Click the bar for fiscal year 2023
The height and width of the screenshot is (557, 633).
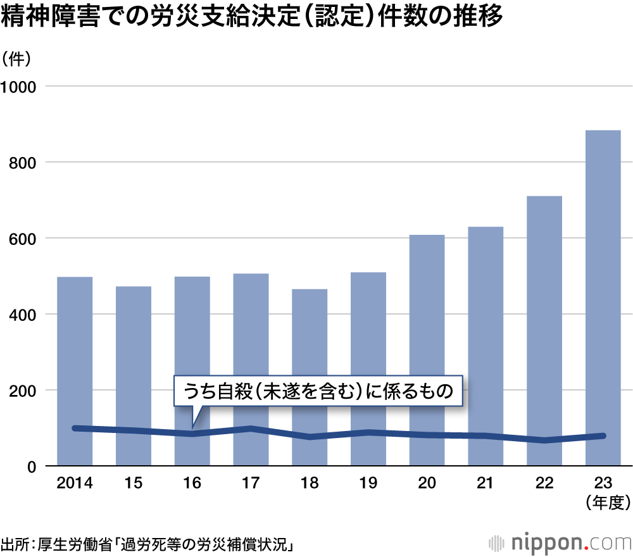[603, 297]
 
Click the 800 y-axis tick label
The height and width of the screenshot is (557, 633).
[24, 163]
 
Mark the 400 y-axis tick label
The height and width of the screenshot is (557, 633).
[24, 315]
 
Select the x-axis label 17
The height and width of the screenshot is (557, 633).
[251, 484]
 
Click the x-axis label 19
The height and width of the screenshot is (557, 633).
[368, 484]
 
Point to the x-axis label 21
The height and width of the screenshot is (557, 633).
[486, 484]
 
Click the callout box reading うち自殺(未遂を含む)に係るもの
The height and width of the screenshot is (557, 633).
[319, 392]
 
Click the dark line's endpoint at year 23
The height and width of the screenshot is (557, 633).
[603, 435]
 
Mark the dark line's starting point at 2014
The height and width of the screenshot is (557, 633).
[75, 429]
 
